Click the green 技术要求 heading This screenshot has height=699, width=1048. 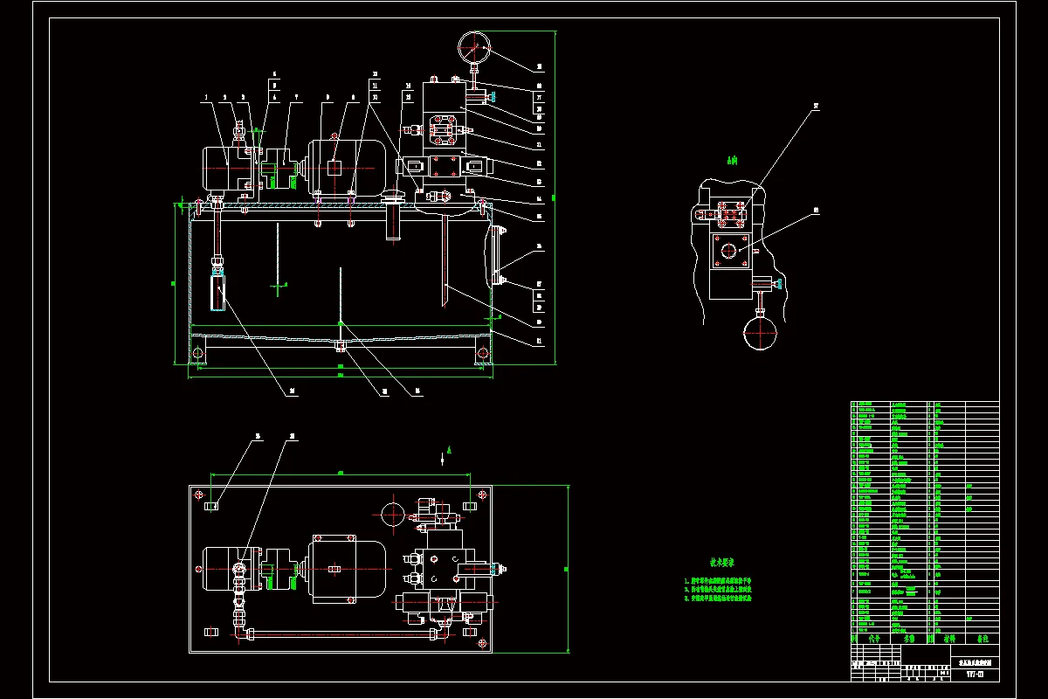[722, 562]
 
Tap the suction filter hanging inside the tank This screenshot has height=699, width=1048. [217, 291]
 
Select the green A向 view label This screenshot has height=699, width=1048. [732, 160]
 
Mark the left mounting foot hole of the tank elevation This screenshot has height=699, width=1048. [198, 354]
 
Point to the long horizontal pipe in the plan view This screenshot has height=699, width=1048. [341, 633]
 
